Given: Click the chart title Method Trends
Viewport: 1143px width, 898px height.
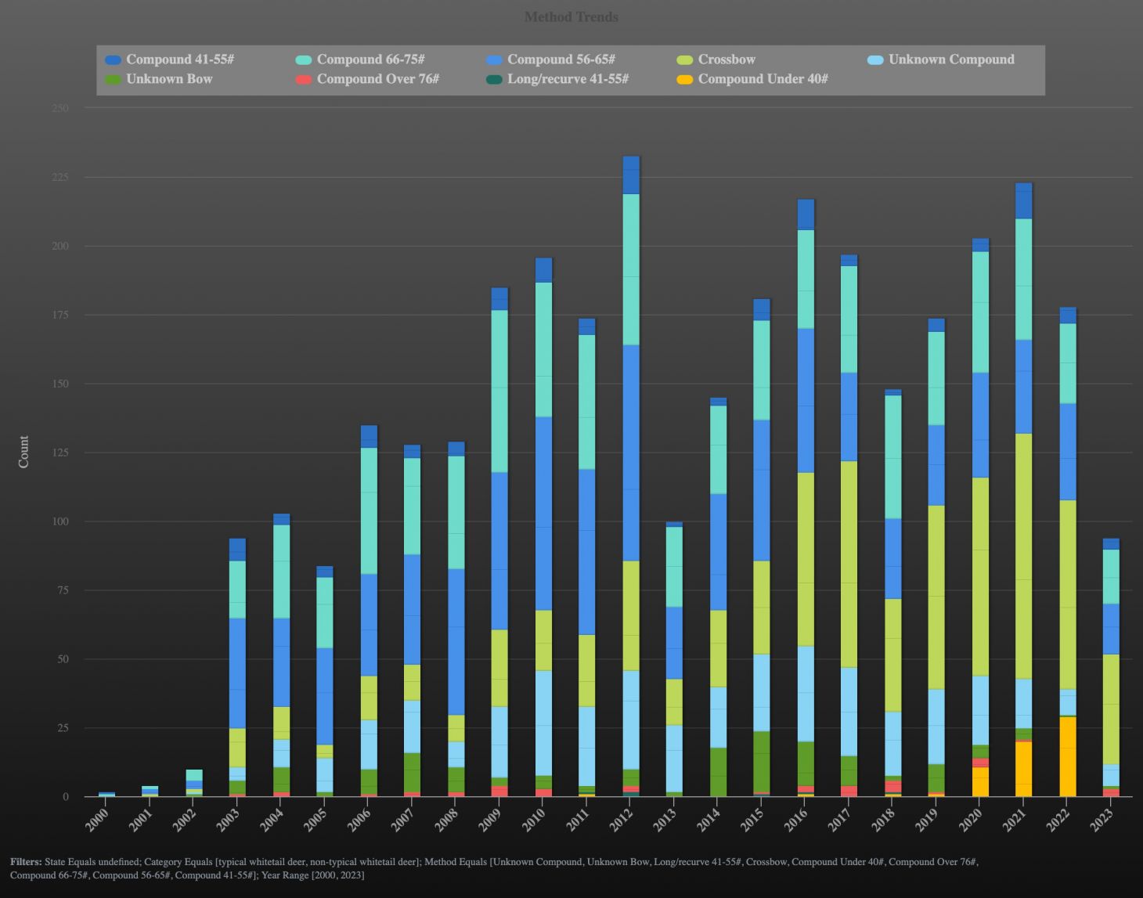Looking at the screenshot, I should [x=571, y=17].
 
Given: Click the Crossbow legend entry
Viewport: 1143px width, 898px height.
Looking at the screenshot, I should [x=726, y=60].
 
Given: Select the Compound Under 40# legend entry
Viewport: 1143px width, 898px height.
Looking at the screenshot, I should [x=762, y=79].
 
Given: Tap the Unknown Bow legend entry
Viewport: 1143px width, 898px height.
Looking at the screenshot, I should [x=168, y=79].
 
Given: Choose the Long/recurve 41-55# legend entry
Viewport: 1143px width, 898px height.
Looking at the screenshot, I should [x=567, y=79].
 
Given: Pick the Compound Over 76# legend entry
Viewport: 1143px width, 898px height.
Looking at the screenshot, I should [x=377, y=79].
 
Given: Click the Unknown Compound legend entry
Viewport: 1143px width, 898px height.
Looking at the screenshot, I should [x=950, y=60].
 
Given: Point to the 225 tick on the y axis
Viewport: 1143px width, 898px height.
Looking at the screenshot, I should [x=60, y=177].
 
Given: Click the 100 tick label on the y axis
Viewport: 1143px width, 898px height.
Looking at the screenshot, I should [x=60, y=521].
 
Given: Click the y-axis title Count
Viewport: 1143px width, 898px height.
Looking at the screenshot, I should [x=23, y=452].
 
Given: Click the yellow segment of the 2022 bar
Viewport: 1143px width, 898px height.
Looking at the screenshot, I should [x=1067, y=756].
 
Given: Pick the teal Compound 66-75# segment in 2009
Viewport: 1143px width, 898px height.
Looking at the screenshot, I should [x=499, y=391].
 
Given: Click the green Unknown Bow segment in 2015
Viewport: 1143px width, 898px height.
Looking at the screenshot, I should [x=762, y=762].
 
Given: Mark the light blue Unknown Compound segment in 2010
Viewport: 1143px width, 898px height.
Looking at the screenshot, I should [x=543, y=723].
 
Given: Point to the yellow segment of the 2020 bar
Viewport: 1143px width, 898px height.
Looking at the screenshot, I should [x=979, y=782].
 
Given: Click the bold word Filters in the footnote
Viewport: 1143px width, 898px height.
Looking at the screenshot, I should [x=26, y=861].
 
